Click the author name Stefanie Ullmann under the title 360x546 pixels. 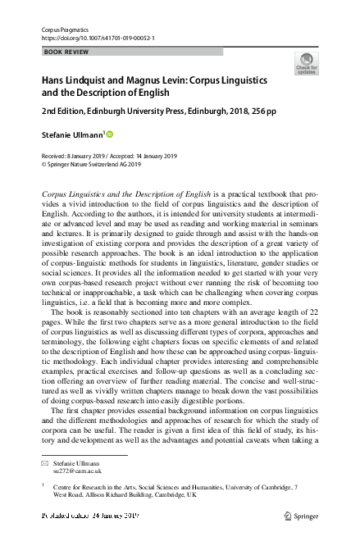(71, 134)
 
